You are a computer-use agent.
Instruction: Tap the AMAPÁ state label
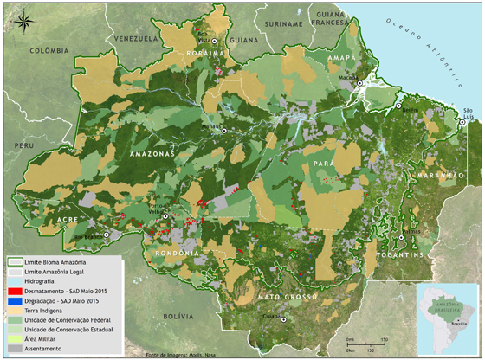[x=340, y=56]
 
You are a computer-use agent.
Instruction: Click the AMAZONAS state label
[x=152, y=153]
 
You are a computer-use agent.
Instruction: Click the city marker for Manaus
[x=224, y=130]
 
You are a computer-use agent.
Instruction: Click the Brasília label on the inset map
[x=460, y=323]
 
